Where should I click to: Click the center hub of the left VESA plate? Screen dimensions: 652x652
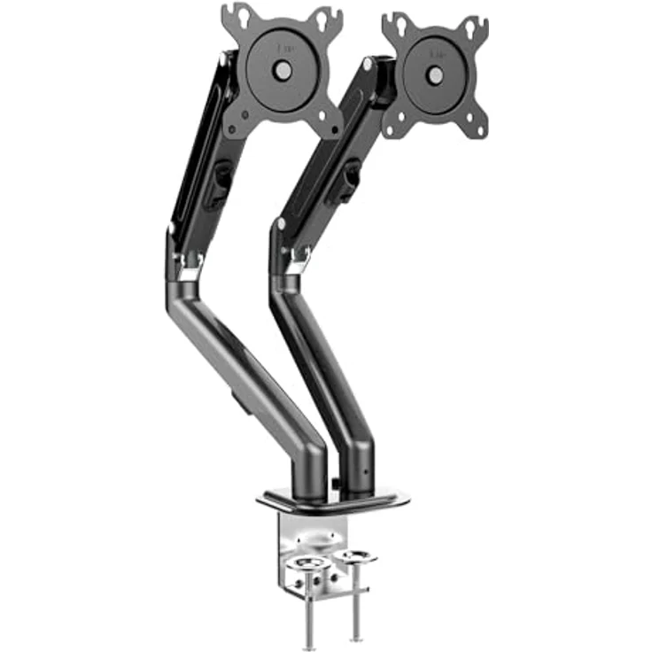pos(283,67)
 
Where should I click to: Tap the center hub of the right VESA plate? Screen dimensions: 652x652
pos(435,74)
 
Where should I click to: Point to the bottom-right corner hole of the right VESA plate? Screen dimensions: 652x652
pos(477,130)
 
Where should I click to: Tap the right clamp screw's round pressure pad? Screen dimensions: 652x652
pos(358,557)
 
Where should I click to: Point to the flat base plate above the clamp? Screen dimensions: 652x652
pos(332,501)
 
